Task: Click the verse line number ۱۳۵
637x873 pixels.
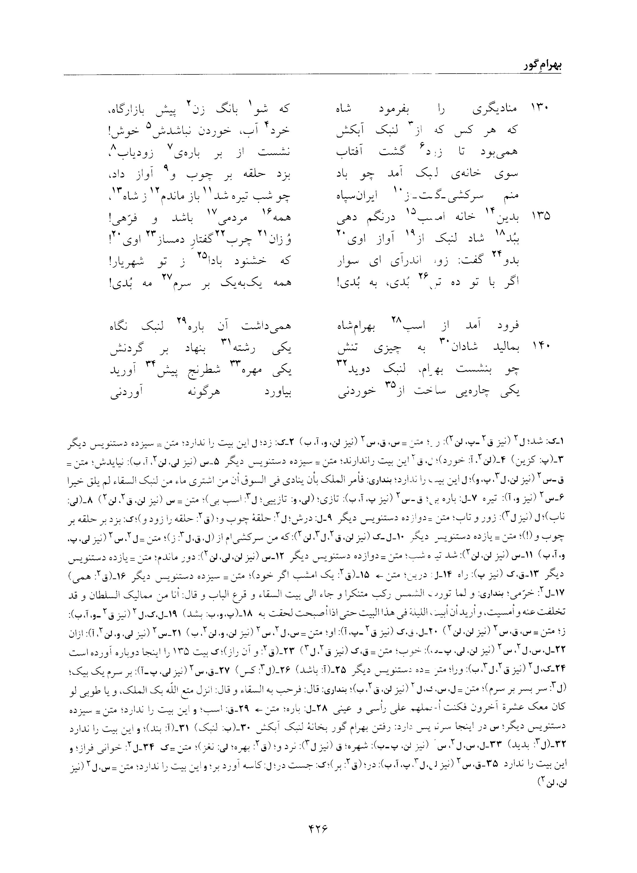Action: point(540,216)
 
